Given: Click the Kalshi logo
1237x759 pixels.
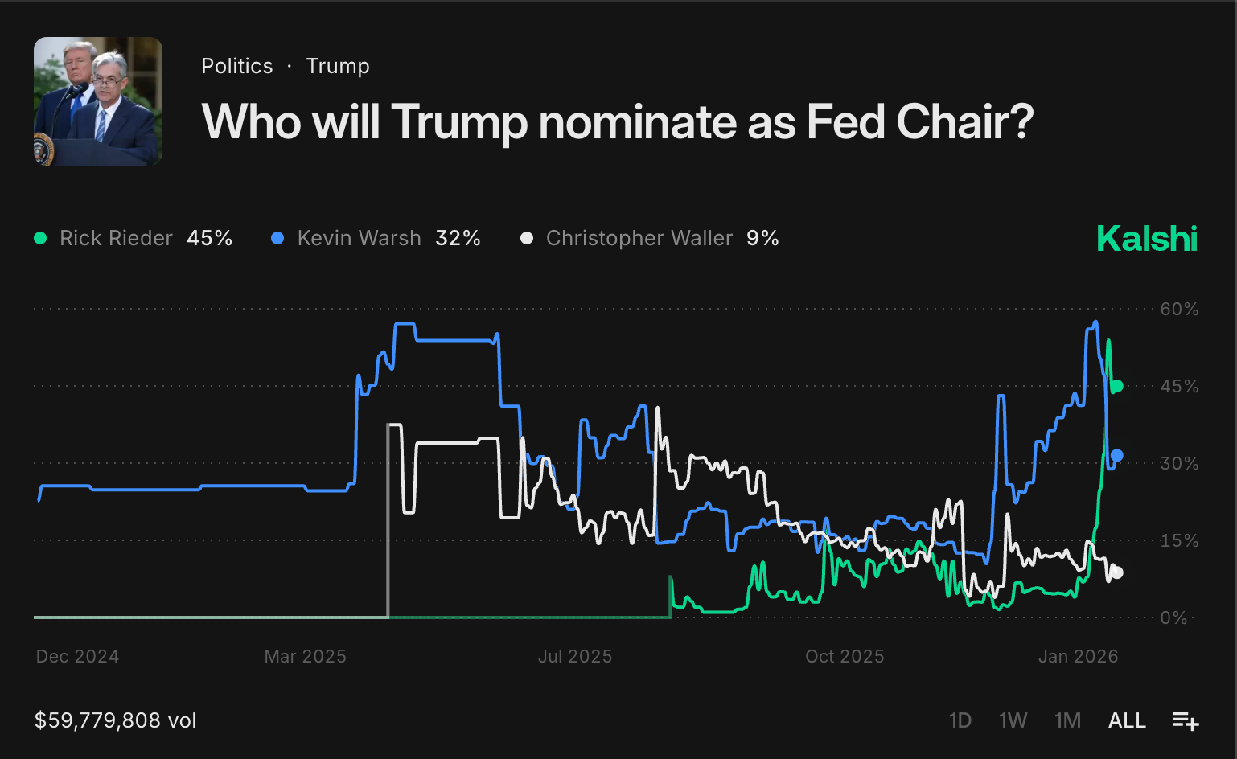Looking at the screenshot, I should click(x=1146, y=239).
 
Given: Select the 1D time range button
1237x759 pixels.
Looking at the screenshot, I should click(x=960, y=720).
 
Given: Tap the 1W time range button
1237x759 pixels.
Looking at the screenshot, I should click(x=1013, y=720).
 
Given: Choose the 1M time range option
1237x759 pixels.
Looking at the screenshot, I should click(x=1067, y=720).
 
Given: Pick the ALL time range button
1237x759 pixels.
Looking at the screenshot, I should click(x=1127, y=720).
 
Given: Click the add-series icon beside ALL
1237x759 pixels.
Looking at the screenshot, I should click(x=1186, y=721).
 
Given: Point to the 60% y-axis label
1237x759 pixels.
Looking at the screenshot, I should click(x=1179, y=310).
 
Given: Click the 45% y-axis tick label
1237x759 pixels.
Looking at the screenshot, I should click(x=1179, y=387).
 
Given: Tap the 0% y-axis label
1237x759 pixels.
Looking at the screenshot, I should click(x=1173, y=618).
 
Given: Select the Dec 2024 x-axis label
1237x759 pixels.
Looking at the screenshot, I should click(x=77, y=657).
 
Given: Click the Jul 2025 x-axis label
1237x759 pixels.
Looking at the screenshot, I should click(x=575, y=657).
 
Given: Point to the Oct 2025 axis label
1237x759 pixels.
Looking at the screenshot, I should click(x=845, y=657).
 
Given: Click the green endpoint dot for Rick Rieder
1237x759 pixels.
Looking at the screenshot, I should click(x=1116, y=386).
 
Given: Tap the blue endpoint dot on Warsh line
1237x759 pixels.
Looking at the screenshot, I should click(x=1116, y=456).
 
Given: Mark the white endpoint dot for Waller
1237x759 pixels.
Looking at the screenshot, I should click(x=1116, y=572).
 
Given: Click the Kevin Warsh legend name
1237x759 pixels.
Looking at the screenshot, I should click(x=359, y=239).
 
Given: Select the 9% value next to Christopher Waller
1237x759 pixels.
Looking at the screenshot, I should click(x=762, y=239).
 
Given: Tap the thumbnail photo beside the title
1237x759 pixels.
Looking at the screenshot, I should click(x=98, y=101).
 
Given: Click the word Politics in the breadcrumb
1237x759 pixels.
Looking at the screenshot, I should click(x=237, y=66).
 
